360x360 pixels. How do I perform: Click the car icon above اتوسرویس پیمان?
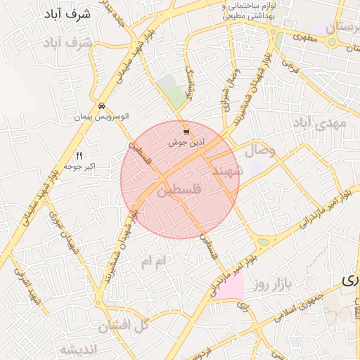pos(102,106)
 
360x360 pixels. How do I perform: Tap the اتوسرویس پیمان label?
pos(102,117)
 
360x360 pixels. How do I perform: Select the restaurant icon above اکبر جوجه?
pos(79,155)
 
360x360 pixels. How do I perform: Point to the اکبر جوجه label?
pos(79,166)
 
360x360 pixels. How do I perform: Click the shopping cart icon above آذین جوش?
pos(186,131)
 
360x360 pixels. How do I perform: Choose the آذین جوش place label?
pos(186,142)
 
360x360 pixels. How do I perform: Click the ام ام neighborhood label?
pos(155,262)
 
